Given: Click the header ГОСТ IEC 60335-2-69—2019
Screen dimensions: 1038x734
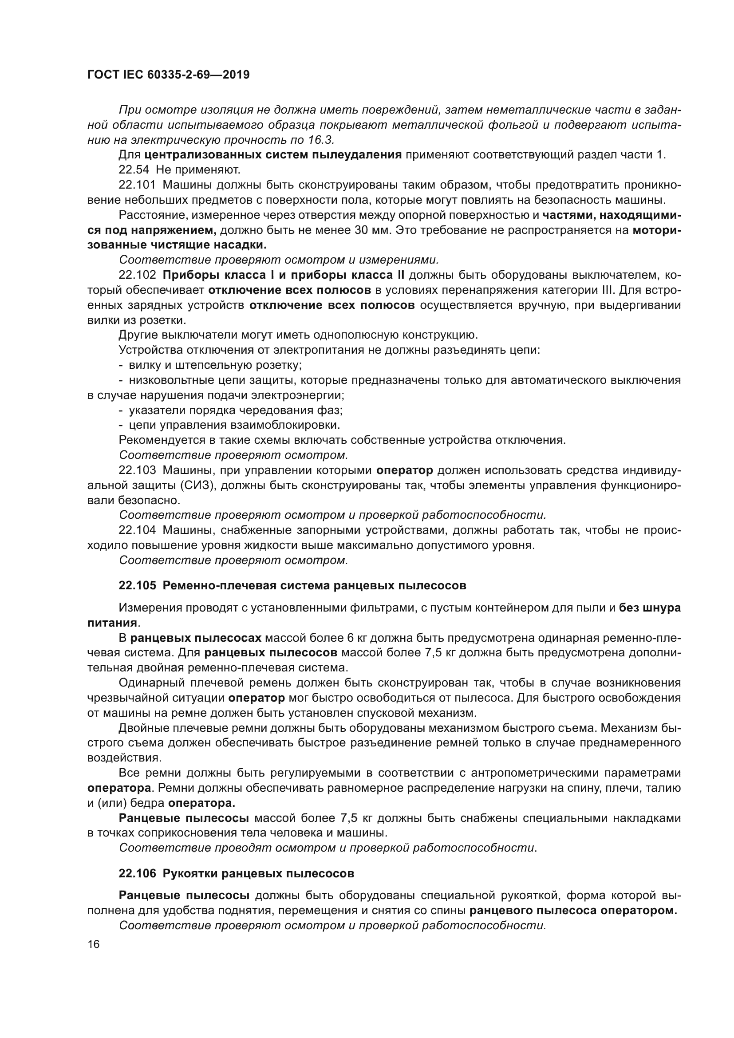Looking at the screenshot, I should [168, 75].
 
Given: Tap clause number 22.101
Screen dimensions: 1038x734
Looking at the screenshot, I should [137, 185].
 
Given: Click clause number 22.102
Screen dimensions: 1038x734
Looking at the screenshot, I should [137, 275].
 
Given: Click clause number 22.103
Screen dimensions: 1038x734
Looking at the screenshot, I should [137, 470].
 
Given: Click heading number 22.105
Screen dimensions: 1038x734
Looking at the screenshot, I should [137, 585].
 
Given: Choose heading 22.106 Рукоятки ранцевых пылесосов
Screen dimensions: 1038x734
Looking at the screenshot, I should [236, 873].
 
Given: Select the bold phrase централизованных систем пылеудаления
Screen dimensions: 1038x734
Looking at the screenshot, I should [273, 155].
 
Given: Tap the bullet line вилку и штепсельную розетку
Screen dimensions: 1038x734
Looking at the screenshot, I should [215, 365].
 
